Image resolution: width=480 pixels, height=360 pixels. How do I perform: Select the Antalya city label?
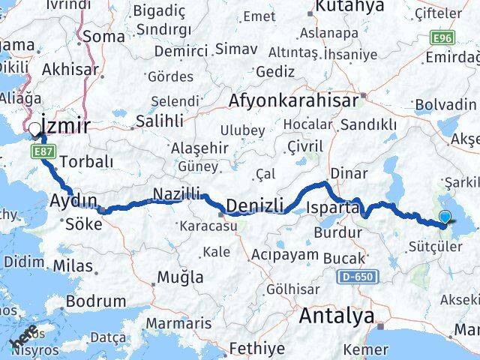tap(336, 316)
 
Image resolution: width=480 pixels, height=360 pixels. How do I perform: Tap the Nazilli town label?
tap(177, 193)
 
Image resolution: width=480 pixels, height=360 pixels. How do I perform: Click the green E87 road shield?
tap(42, 151)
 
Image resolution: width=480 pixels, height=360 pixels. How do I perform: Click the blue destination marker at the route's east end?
tap(445, 217)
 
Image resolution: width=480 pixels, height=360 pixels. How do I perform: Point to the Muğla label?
tap(179, 277)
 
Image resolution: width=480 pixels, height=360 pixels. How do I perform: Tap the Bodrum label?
tap(96, 301)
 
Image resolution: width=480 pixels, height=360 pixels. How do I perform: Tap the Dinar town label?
tap(349, 173)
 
